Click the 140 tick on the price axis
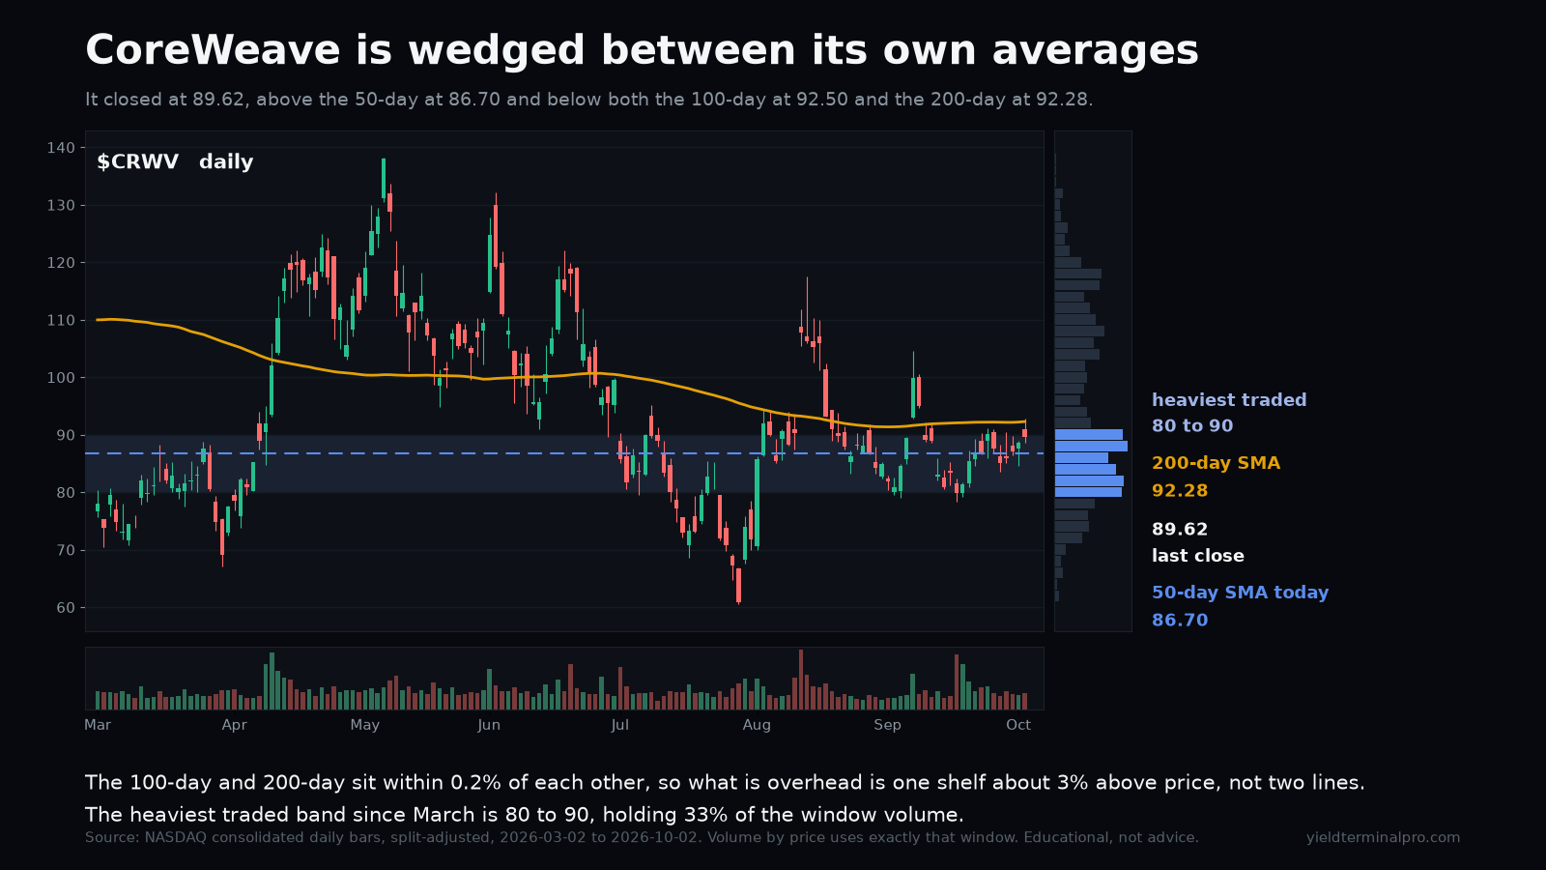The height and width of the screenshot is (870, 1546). [61, 148]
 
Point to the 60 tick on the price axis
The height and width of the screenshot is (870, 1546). [66, 608]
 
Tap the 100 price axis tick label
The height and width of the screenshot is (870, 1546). [61, 378]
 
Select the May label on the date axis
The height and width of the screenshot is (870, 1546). [364, 725]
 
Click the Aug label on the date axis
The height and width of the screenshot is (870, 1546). [757, 725]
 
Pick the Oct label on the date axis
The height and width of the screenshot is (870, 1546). [1018, 725]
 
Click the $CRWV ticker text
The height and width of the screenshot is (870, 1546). [138, 161]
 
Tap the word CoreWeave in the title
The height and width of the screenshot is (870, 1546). [213, 50]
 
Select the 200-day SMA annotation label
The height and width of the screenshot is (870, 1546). [1217, 463]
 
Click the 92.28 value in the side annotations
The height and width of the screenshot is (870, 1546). [1180, 491]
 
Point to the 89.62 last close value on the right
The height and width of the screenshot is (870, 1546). [1180, 530]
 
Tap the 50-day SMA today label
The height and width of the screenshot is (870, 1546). [1241, 593]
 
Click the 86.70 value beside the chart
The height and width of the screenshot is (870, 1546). [1180, 620]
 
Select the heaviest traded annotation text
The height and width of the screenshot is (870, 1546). [1229, 400]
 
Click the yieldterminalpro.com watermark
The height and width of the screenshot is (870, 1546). [1383, 837]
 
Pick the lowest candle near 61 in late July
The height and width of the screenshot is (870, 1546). [738, 586]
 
